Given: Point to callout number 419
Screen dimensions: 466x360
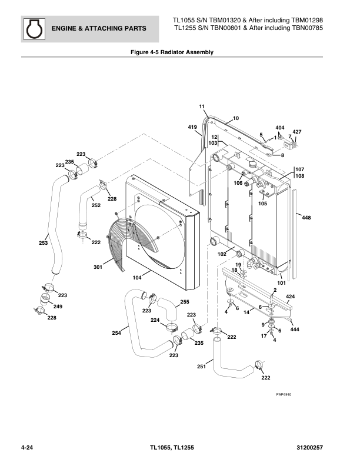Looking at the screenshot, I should [x=192, y=128].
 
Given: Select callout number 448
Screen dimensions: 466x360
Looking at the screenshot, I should [x=306, y=218].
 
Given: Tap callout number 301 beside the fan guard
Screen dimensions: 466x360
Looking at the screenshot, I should [x=98, y=268].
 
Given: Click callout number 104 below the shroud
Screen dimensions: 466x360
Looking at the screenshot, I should [x=136, y=277].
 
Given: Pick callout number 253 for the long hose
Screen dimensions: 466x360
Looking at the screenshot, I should [x=43, y=242].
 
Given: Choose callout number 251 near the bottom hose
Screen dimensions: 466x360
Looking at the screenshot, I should [x=201, y=367].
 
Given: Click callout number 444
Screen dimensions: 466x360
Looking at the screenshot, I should [x=295, y=329].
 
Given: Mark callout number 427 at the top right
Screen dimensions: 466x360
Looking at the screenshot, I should [x=297, y=131].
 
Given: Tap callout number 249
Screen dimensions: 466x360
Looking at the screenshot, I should [x=58, y=307].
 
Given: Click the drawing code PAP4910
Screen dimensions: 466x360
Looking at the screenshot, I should [x=284, y=394].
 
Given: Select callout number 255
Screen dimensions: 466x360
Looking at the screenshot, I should [x=184, y=302].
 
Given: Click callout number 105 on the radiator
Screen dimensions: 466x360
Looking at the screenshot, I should [x=262, y=204].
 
